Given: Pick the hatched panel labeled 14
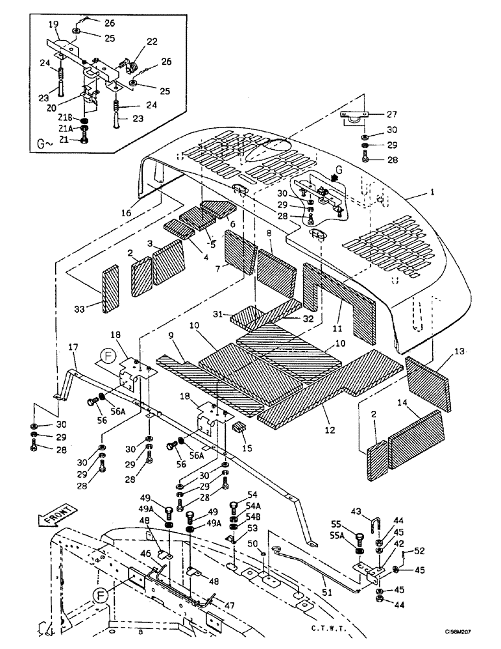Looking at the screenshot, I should (x=418, y=430).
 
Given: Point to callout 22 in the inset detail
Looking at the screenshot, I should (x=152, y=42).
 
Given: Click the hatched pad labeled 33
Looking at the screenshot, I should (x=111, y=289).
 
